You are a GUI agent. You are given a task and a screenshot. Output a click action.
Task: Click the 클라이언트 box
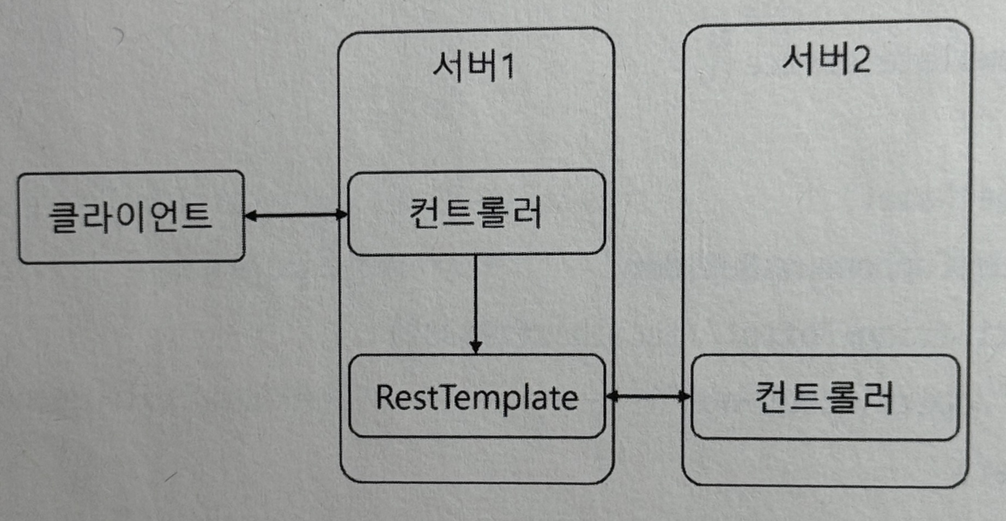click(131, 217)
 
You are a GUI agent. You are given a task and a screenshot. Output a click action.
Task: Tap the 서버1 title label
click(473, 67)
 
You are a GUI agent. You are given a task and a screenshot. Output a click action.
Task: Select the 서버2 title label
click(826, 59)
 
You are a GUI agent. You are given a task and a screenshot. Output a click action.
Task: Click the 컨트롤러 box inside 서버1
click(476, 213)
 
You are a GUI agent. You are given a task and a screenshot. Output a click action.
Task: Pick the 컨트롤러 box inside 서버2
click(825, 397)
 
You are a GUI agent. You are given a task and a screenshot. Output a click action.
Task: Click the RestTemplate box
click(476, 397)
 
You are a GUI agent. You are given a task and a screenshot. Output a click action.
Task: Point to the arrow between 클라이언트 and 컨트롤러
click(296, 215)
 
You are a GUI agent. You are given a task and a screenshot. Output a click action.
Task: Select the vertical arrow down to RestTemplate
click(475, 303)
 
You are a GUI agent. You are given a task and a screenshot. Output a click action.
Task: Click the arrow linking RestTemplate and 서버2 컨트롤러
click(648, 396)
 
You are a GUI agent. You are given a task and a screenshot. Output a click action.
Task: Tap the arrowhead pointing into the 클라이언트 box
click(251, 215)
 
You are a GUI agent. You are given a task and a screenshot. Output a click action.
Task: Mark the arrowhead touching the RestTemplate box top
click(475, 347)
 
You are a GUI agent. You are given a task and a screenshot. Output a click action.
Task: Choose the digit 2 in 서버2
click(860, 59)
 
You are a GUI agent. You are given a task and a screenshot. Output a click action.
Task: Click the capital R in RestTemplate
click(385, 397)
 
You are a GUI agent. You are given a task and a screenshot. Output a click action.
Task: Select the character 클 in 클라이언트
click(64, 217)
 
